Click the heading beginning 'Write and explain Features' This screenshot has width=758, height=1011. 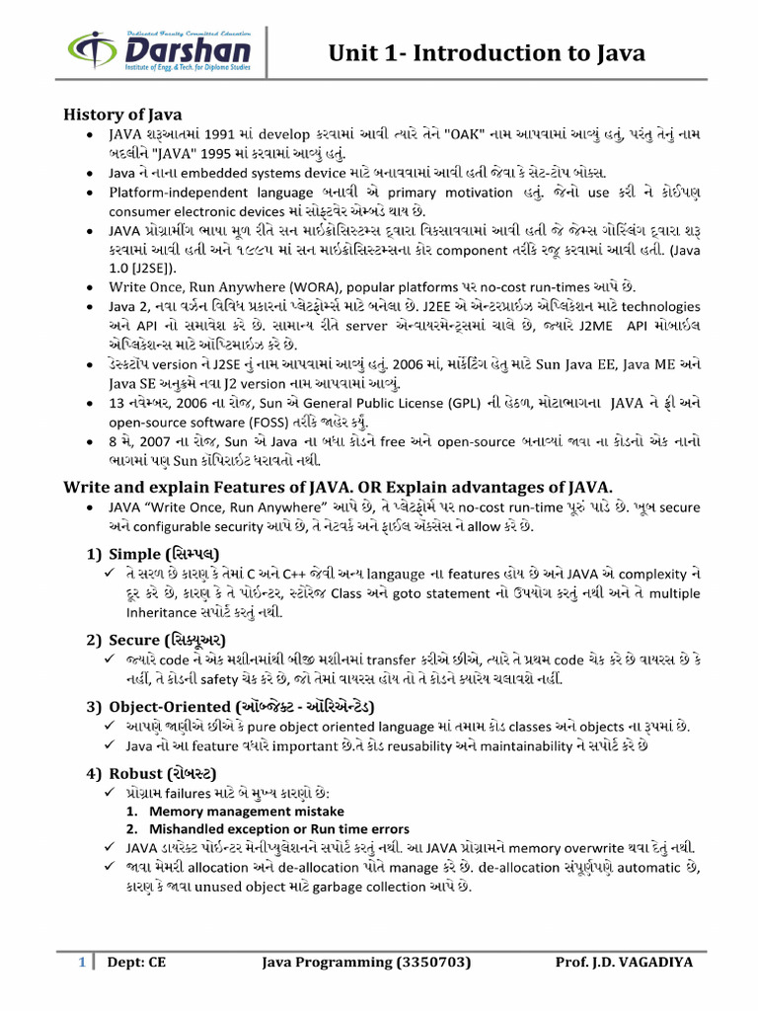point(339,487)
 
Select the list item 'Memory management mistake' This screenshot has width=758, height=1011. point(230,811)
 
